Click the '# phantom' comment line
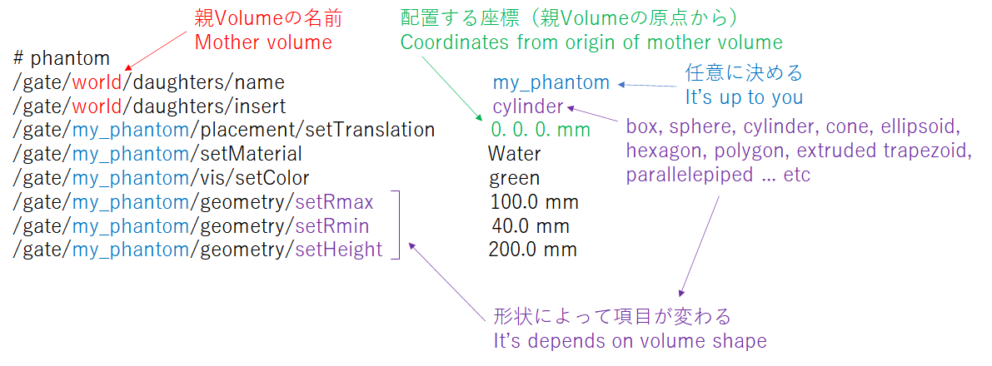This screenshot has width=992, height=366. pyautogui.click(x=62, y=59)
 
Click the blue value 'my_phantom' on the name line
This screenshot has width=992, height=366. pyautogui.click(x=551, y=82)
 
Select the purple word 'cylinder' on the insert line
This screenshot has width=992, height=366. pyautogui.click(x=527, y=106)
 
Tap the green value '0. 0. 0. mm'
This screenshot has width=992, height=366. pyautogui.click(x=541, y=130)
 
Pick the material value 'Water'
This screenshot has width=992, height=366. pyautogui.click(x=515, y=154)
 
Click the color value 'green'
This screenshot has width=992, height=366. pyautogui.click(x=515, y=178)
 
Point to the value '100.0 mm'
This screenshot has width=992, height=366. pyautogui.click(x=535, y=202)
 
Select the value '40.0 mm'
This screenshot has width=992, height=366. pyautogui.click(x=531, y=225)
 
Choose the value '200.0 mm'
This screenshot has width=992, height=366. pyautogui.click(x=533, y=250)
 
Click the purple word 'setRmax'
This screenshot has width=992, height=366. pyautogui.click(x=335, y=202)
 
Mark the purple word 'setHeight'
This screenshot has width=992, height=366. pyautogui.click(x=339, y=250)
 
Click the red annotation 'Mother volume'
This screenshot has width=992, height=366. pyautogui.click(x=262, y=42)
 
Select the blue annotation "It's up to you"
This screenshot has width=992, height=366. pyautogui.click(x=744, y=98)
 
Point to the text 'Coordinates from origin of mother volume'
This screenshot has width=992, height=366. pyautogui.click(x=591, y=43)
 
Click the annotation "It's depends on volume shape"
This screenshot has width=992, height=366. pyautogui.click(x=631, y=341)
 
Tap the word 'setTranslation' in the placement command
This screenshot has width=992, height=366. pyautogui.click(x=370, y=130)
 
